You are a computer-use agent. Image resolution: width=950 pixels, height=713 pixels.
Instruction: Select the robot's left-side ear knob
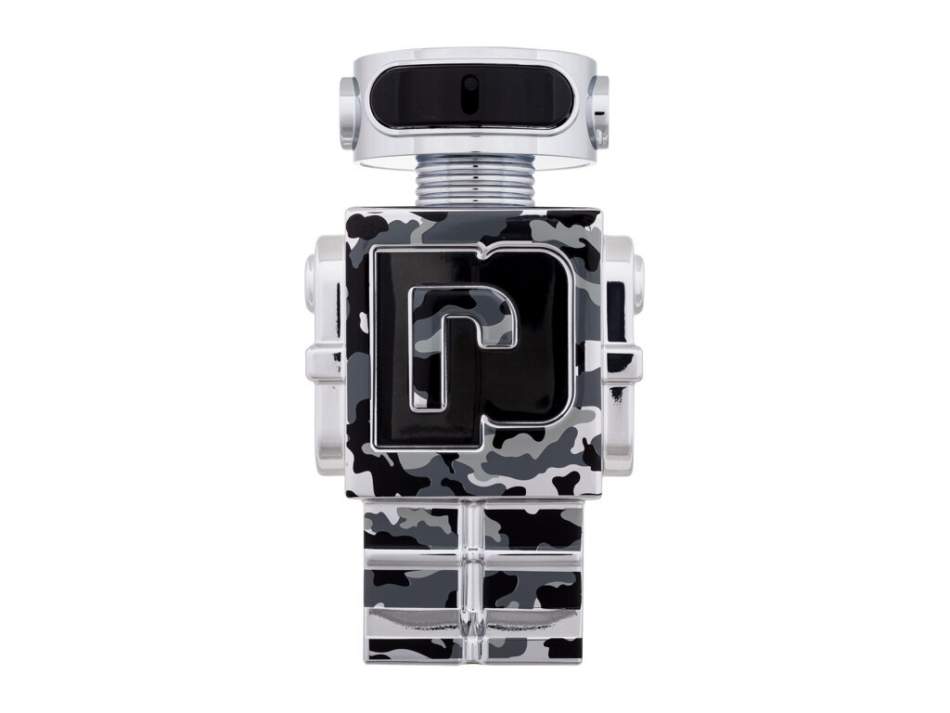tap(349, 111)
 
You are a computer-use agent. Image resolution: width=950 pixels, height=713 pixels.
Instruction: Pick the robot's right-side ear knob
tap(598, 111)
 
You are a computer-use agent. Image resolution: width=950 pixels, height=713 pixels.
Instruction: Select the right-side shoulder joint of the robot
tap(623, 279)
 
